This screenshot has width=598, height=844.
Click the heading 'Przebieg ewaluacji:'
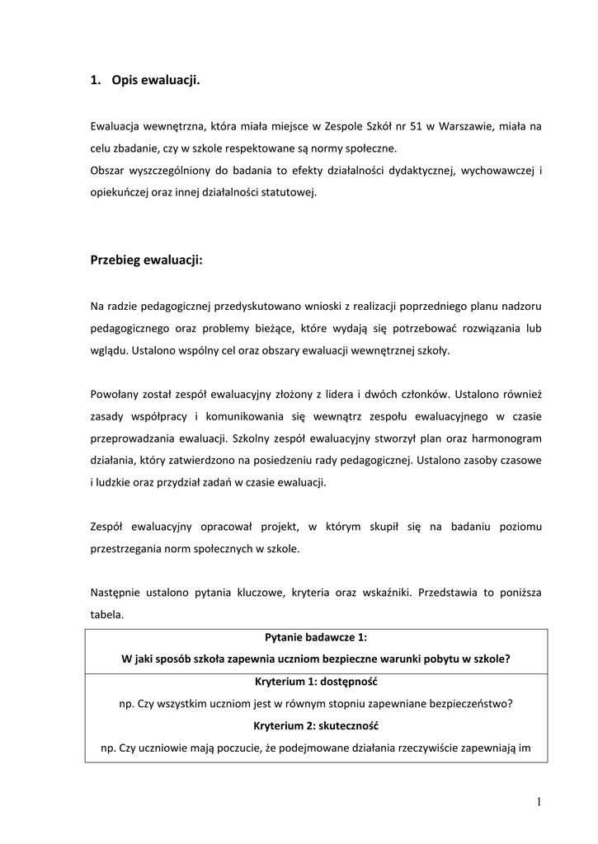pyautogui.click(x=146, y=260)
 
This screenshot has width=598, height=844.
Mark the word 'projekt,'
pyautogui.click(x=278, y=526)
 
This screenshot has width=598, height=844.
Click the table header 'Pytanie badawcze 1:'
pyautogui.click(x=316, y=637)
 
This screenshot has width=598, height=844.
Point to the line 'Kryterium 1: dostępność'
pyautogui.click(x=316, y=682)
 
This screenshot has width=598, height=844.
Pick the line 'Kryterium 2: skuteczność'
pyautogui.click(x=316, y=726)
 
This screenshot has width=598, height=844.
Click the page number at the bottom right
pyautogui.click(x=538, y=801)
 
